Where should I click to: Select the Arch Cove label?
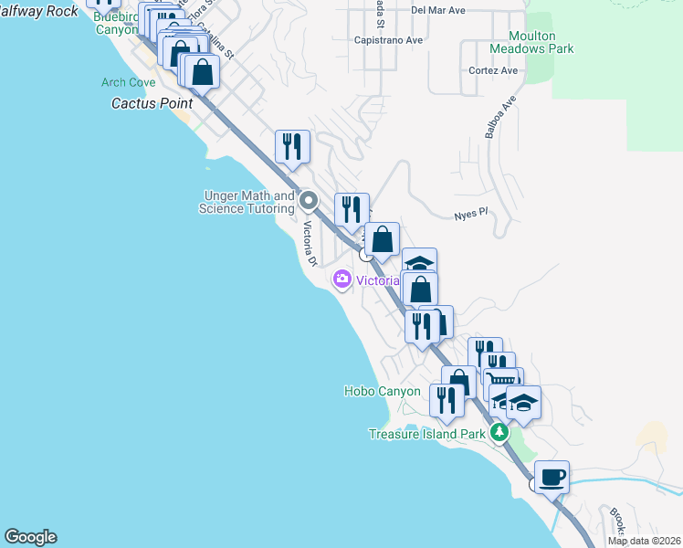[128, 82]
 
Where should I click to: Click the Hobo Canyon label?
[382, 391]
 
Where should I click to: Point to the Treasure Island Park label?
[426, 434]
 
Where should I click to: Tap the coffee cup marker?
[552, 477]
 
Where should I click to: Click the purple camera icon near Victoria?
[342, 279]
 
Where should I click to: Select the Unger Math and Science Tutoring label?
[247, 202]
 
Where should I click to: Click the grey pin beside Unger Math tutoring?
[309, 200]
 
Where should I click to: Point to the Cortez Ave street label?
[493, 70]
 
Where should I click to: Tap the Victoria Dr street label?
[309, 244]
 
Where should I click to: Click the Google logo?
[30, 537]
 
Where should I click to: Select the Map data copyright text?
[645, 541]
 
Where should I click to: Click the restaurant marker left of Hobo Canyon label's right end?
[446, 400]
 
